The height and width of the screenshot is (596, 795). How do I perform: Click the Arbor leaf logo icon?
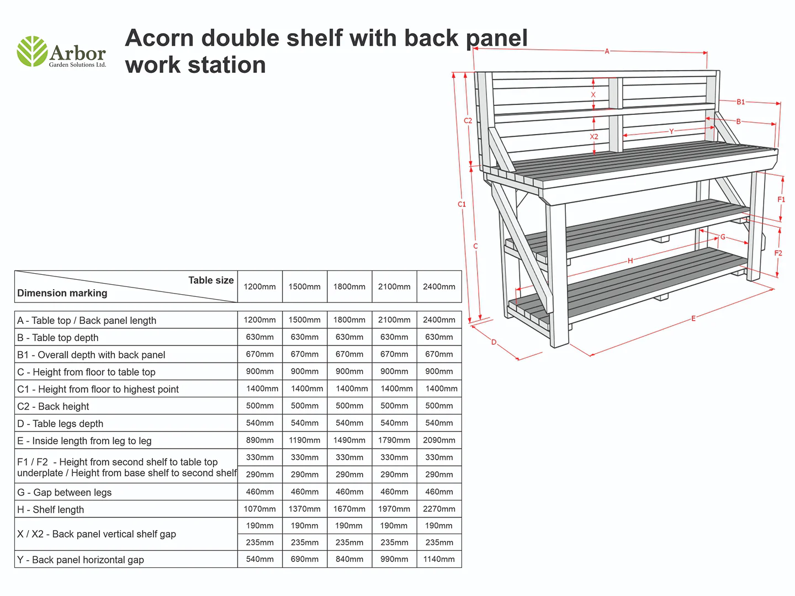(32, 51)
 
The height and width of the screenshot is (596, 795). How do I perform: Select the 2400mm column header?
(439, 287)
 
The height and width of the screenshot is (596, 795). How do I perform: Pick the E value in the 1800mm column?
(349, 440)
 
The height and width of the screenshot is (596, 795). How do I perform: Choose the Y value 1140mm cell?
(439, 559)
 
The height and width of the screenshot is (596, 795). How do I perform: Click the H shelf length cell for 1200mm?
(259, 509)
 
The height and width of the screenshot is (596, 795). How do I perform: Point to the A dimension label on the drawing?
(607, 51)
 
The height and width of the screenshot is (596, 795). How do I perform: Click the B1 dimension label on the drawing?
(740, 102)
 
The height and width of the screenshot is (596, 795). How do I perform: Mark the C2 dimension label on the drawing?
(468, 120)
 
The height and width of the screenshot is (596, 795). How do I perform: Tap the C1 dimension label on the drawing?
(462, 204)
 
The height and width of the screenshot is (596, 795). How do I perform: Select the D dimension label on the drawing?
(494, 342)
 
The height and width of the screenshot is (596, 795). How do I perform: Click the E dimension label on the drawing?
(693, 318)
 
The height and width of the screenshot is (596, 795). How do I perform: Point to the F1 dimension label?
(781, 200)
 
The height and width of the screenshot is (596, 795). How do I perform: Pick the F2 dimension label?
(778, 253)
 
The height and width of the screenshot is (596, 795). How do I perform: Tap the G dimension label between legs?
(723, 237)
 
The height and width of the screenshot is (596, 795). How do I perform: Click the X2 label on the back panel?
(593, 137)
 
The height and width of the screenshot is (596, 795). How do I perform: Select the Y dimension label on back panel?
(671, 131)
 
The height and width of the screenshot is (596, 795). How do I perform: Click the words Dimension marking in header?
(62, 293)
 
